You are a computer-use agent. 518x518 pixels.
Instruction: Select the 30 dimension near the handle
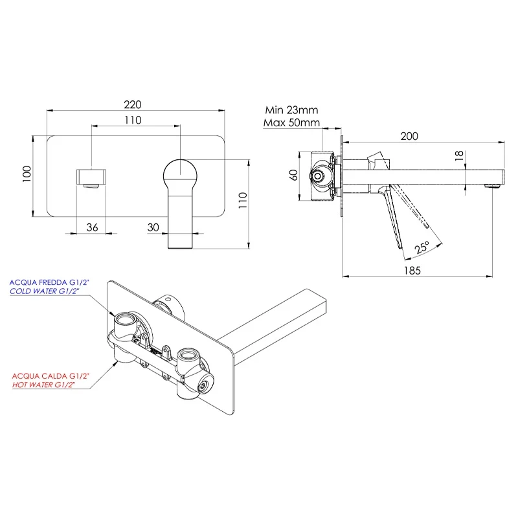pyautogui.click(x=153, y=227)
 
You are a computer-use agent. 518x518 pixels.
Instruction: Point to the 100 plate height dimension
pyautogui.click(x=27, y=174)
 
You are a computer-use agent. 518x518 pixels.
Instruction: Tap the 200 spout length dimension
pyautogui.click(x=409, y=136)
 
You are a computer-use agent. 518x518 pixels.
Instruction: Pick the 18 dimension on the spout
pyautogui.click(x=459, y=155)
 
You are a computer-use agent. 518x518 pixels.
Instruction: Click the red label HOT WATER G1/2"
pyautogui.click(x=43, y=385)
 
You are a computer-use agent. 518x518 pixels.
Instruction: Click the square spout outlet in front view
pyautogui.click(x=91, y=177)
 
